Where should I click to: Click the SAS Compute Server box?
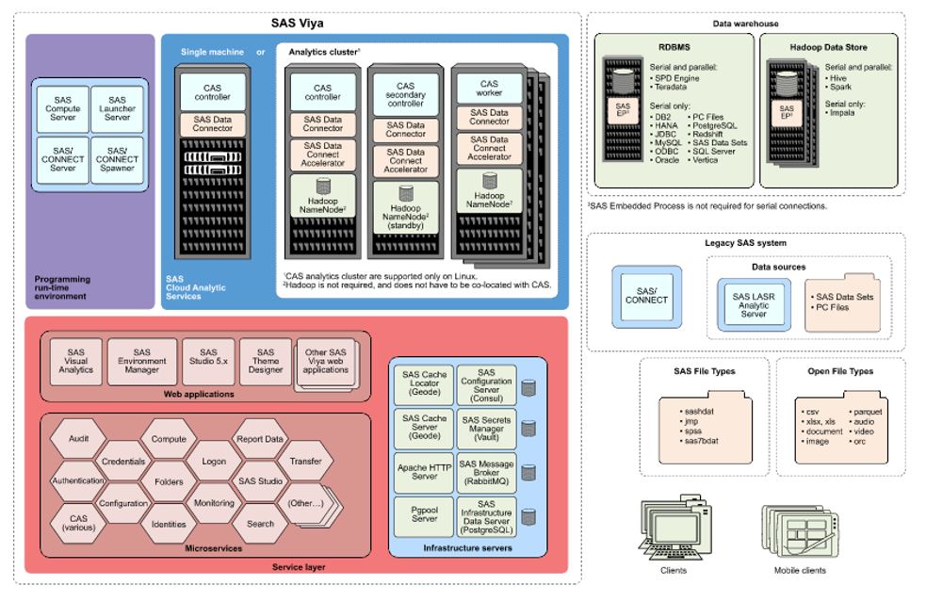(63, 109)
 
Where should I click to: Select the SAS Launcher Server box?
(117, 109)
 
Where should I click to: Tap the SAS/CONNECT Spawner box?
(117, 159)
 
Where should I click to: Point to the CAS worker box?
(489, 89)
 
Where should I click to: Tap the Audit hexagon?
(79, 438)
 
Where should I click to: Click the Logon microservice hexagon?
(214, 462)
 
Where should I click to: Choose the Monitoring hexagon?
(214, 503)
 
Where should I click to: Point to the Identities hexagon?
(169, 524)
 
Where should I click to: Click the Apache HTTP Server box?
(424, 470)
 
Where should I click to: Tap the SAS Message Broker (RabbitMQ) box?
(486, 470)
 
